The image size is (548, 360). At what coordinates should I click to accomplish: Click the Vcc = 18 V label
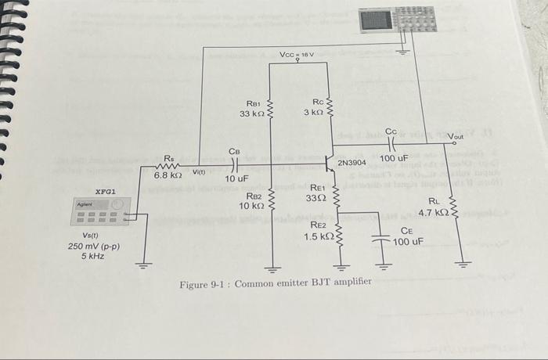click(x=297, y=54)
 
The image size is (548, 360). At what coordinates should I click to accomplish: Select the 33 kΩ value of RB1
click(x=253, y=114)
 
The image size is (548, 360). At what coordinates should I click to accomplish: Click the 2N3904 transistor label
click(x=352, y=163)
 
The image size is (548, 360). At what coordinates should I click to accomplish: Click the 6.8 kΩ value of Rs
click(x=168, y=175)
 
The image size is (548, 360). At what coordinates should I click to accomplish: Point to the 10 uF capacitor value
click(x=236, y=179)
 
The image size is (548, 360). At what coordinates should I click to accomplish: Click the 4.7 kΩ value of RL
click(x=433, y=212)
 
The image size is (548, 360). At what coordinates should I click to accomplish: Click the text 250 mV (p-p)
click(x=93, y=246)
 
